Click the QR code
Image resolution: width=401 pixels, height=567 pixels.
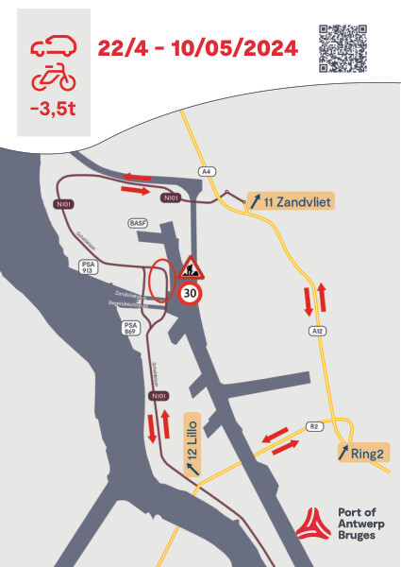pos(343,48)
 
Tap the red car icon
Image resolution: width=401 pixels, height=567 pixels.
pos(54,44)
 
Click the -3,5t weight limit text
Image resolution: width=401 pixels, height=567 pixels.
pos(54,107)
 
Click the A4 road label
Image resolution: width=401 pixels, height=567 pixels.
pos(207,171)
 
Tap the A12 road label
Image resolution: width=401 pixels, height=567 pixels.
pos(317,331)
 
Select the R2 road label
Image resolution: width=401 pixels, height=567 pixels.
pos(314,426)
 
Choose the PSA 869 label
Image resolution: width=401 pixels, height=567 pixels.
pos(131,328)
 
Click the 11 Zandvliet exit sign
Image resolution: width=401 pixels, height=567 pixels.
pos(292,201)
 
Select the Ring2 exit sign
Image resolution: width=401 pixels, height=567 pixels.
pos(360,453)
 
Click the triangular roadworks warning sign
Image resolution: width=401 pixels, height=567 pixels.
pos(191,267)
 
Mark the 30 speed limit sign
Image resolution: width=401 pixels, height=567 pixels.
pos(191,294)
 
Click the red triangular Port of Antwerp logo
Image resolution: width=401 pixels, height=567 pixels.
pos(310,522)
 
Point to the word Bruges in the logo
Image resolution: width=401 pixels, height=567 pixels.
pos(354,535)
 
